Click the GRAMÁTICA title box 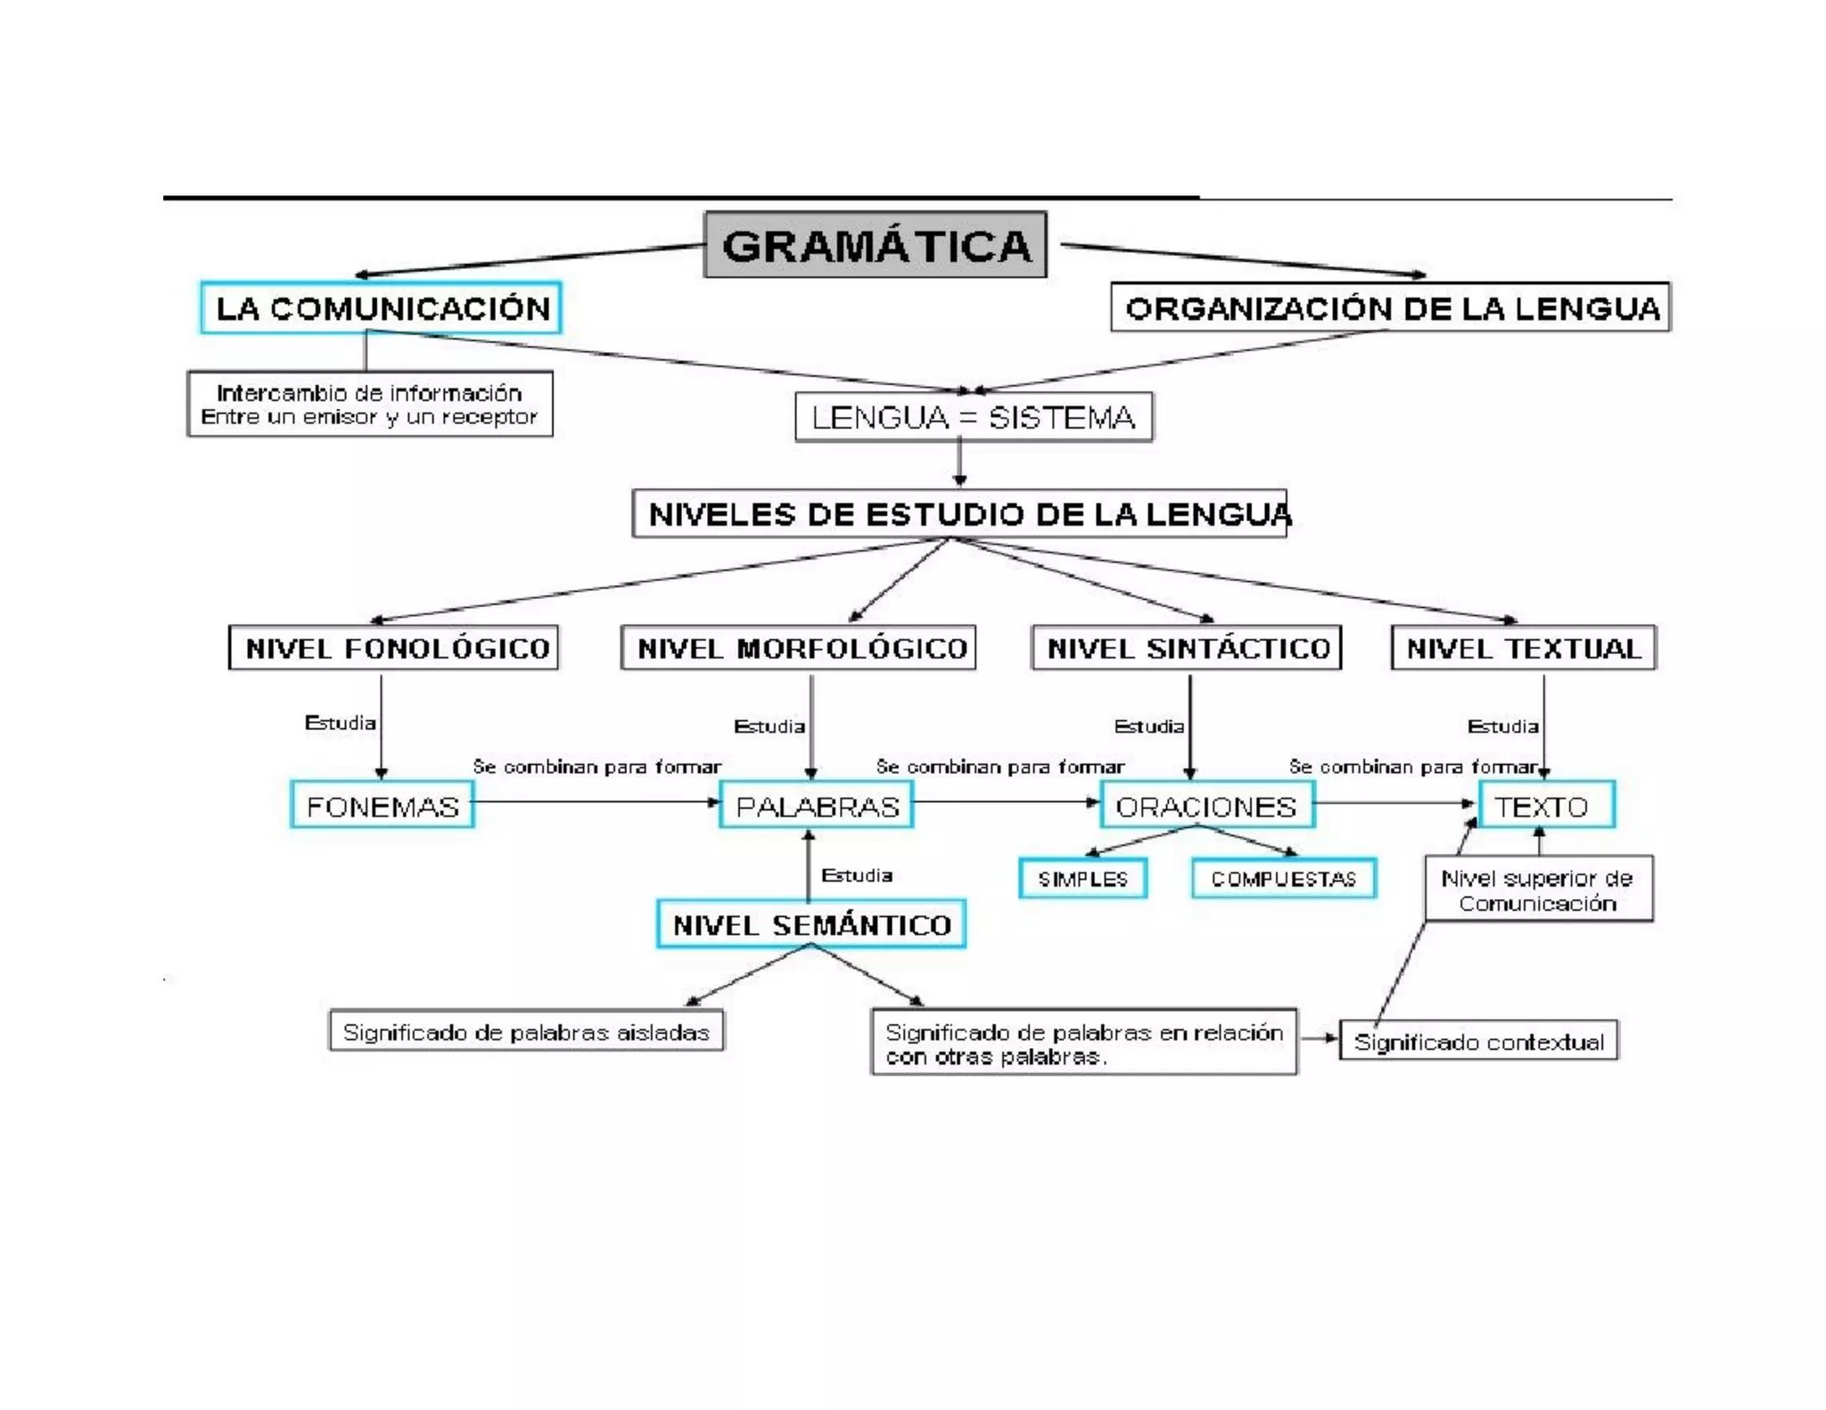click(x=875, y=245)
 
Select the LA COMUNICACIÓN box click(x=381, y=308)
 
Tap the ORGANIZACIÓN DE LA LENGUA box click(x=1390, y=307)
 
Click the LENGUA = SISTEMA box click(x=973, y=417)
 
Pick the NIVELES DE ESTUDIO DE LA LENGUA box click(x=959, y=514)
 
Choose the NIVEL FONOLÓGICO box click(x=393, y=648)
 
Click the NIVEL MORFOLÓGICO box click(x=798, y=648)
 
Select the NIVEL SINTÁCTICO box click(x=1186, y=648)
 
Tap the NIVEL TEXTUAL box click(x=1523, y=648)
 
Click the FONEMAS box click(x=382, y=806)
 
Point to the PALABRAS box click(x=816, y=806)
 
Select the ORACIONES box click(x=1206, y=806)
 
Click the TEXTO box click(x=1546, y=806)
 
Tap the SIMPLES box click(x=1082, y=879)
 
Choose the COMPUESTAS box click(x=1283, y=879)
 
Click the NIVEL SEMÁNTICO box click(x=810, y=924)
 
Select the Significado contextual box click(x=1478, y=1041)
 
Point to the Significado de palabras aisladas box click(x=526, y=1032)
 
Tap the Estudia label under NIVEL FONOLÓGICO click(x=340, y=723)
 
